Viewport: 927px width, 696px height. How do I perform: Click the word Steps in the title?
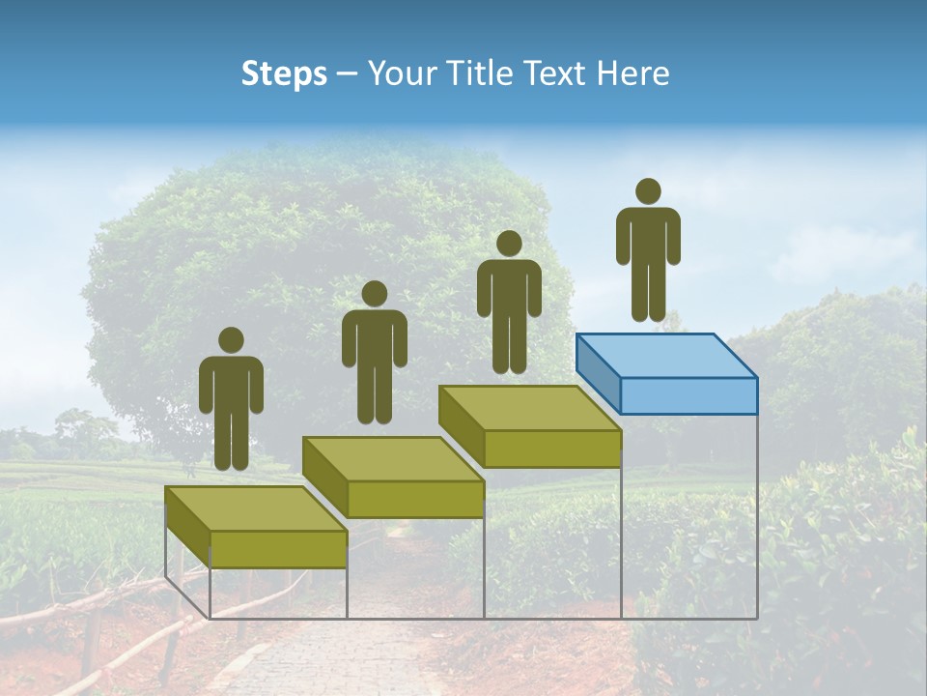pyautogui.click(x=284, y=74)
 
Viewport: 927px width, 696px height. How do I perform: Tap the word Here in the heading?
pyautogui.click(x=632, y=73)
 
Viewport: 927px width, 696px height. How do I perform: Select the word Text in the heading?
pyautogui.click(x=554, y=73)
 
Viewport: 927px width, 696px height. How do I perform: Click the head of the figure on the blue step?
pyautogui.click(x=648, y=191)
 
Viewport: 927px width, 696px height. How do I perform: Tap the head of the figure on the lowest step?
pyautogui.click(x=231, y=340)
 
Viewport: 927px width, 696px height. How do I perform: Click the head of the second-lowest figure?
pyautogui.click(x=374, y=294)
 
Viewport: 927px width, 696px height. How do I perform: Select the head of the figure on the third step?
pyautogui.click(x=509, y=244)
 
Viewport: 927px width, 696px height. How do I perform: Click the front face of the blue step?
pyautogui.click(x=688, y=395)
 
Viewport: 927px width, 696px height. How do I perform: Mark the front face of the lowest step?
pyautogui.click(x=278, y=549)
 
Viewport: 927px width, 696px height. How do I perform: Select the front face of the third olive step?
pyautogui.click(x=551, y=449)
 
